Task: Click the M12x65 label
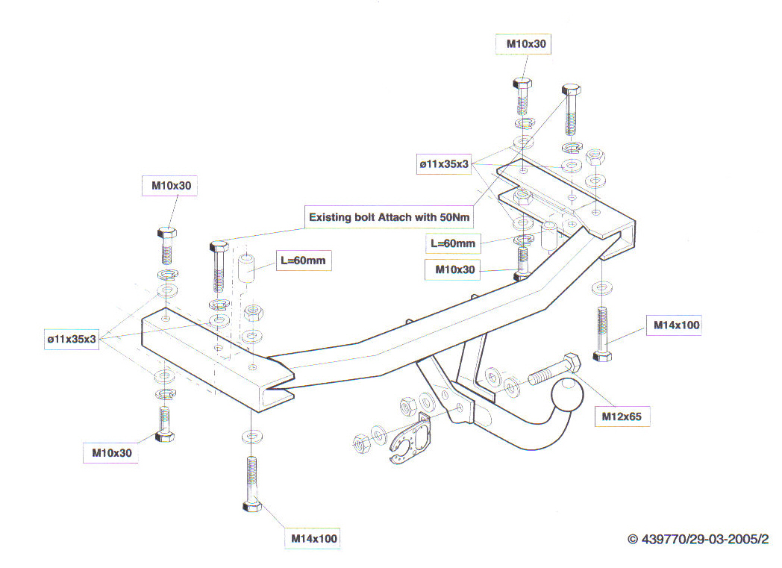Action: click(x=621, y=416)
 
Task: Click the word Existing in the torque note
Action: click(x=333, y=218)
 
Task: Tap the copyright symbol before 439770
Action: click(x=633, y=539)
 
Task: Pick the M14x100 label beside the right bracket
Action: click(x=677, y=325)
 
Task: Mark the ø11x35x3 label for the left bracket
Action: click(x=72, y=340)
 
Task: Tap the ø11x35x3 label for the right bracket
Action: click(x=443, y=164)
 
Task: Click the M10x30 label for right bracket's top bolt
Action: click(x=526, y=44)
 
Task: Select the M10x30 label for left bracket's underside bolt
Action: click(x=111, y=452)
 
